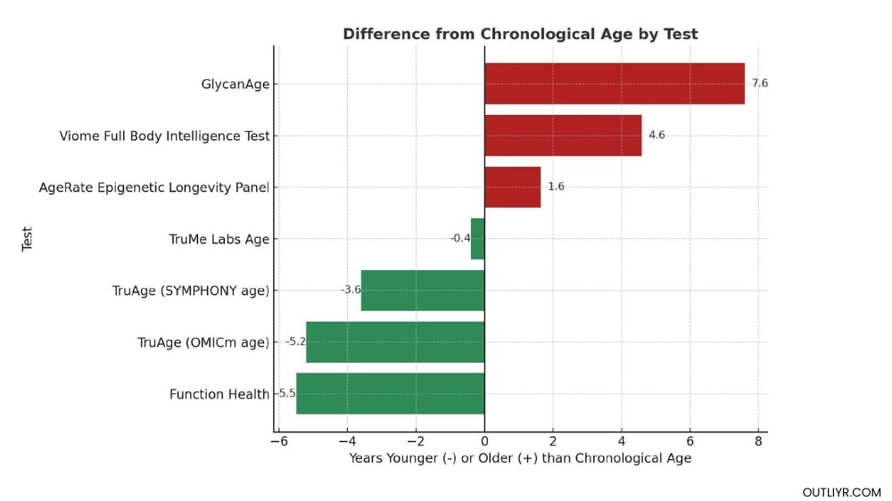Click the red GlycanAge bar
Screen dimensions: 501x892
coord(614,84)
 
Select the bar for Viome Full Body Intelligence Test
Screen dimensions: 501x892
coord(563,136)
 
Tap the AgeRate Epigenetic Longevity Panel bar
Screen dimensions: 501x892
coord(512,187)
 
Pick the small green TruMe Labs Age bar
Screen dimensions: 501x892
coord(477,239)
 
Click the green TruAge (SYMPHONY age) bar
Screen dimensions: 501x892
coord(423,291)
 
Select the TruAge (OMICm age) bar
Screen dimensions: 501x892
coord(395,342)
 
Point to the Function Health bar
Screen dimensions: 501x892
coord(390,394)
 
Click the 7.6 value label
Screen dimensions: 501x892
coord(759,84)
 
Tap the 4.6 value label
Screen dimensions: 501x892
coord(657,136)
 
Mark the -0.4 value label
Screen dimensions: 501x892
coord(460,239)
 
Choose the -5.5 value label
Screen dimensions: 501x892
coord(285,394)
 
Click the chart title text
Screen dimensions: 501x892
coord(520,34)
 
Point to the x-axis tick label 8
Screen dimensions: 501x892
coord(758,442)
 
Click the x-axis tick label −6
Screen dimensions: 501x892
coord(279,442)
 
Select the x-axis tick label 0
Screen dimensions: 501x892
coord(484,442)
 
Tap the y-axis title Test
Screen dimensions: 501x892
coord(28,238)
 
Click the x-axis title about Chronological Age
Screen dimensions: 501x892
coord(520,458)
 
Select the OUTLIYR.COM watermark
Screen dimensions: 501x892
coord(841,492)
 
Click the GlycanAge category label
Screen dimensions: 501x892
coord(235,85)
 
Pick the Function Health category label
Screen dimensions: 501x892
coord(219,394)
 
